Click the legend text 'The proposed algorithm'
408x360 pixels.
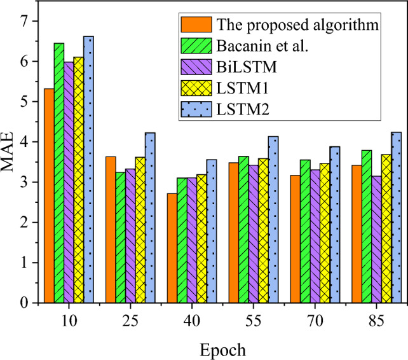tap(297, 25)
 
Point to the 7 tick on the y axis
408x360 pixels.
tap(26, 21)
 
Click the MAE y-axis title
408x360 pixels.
tap(10, 162)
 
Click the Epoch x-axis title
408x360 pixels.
tap(222, 349)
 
